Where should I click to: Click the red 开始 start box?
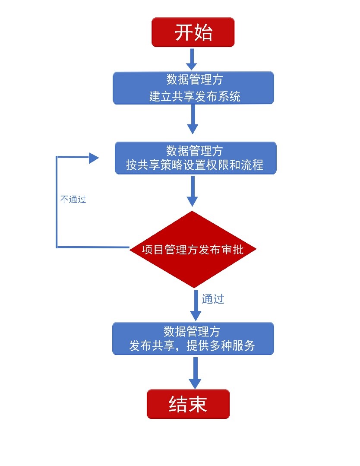(193, 32)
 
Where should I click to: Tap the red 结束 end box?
(188, 404)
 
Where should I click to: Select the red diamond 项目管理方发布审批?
(193, 250)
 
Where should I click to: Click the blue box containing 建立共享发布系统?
(193, 88)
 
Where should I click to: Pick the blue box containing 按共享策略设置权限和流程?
(196, 158)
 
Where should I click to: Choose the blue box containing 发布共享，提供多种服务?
(193, 339)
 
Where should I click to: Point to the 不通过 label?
(73, 200)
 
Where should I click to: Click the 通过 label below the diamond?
(213, 299)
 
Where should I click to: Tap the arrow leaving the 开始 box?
(193, 59)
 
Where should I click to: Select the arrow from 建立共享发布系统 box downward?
(193, 119)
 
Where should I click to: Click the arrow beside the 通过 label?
(196, 304)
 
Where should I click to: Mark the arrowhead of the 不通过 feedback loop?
(94, 158)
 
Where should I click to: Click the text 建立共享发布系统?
(195, 96)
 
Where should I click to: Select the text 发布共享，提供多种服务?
(192, 346)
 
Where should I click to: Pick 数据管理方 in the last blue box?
(192, 331)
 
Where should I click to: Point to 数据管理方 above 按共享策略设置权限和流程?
(195, 151)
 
